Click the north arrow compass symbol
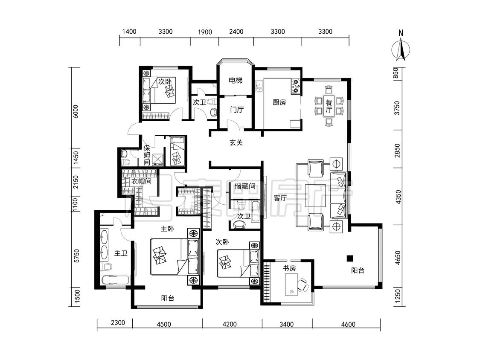(x=400, y=48)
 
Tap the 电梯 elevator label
(x=236, y=81)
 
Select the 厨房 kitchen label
(x=279, y=102)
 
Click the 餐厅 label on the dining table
(x=329, y=106)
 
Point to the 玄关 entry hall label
(x=236, y=142)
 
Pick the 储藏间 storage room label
(x=244, y=186)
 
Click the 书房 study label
(x=289, y=268)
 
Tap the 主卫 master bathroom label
(x=121, y=253)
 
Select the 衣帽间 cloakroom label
(x=141, y=181)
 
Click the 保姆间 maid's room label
(x=147, y=155)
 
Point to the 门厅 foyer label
(x=236, y=110)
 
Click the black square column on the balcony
(x=349, y=258)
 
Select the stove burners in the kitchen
(x=296, y=86)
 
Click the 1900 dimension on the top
(x=205, y=32)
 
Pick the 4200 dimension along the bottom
(x=229, y=324)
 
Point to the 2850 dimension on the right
(x=397, y=151)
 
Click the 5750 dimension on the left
(x=76, y=256)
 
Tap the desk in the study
(x=291, y=285)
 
